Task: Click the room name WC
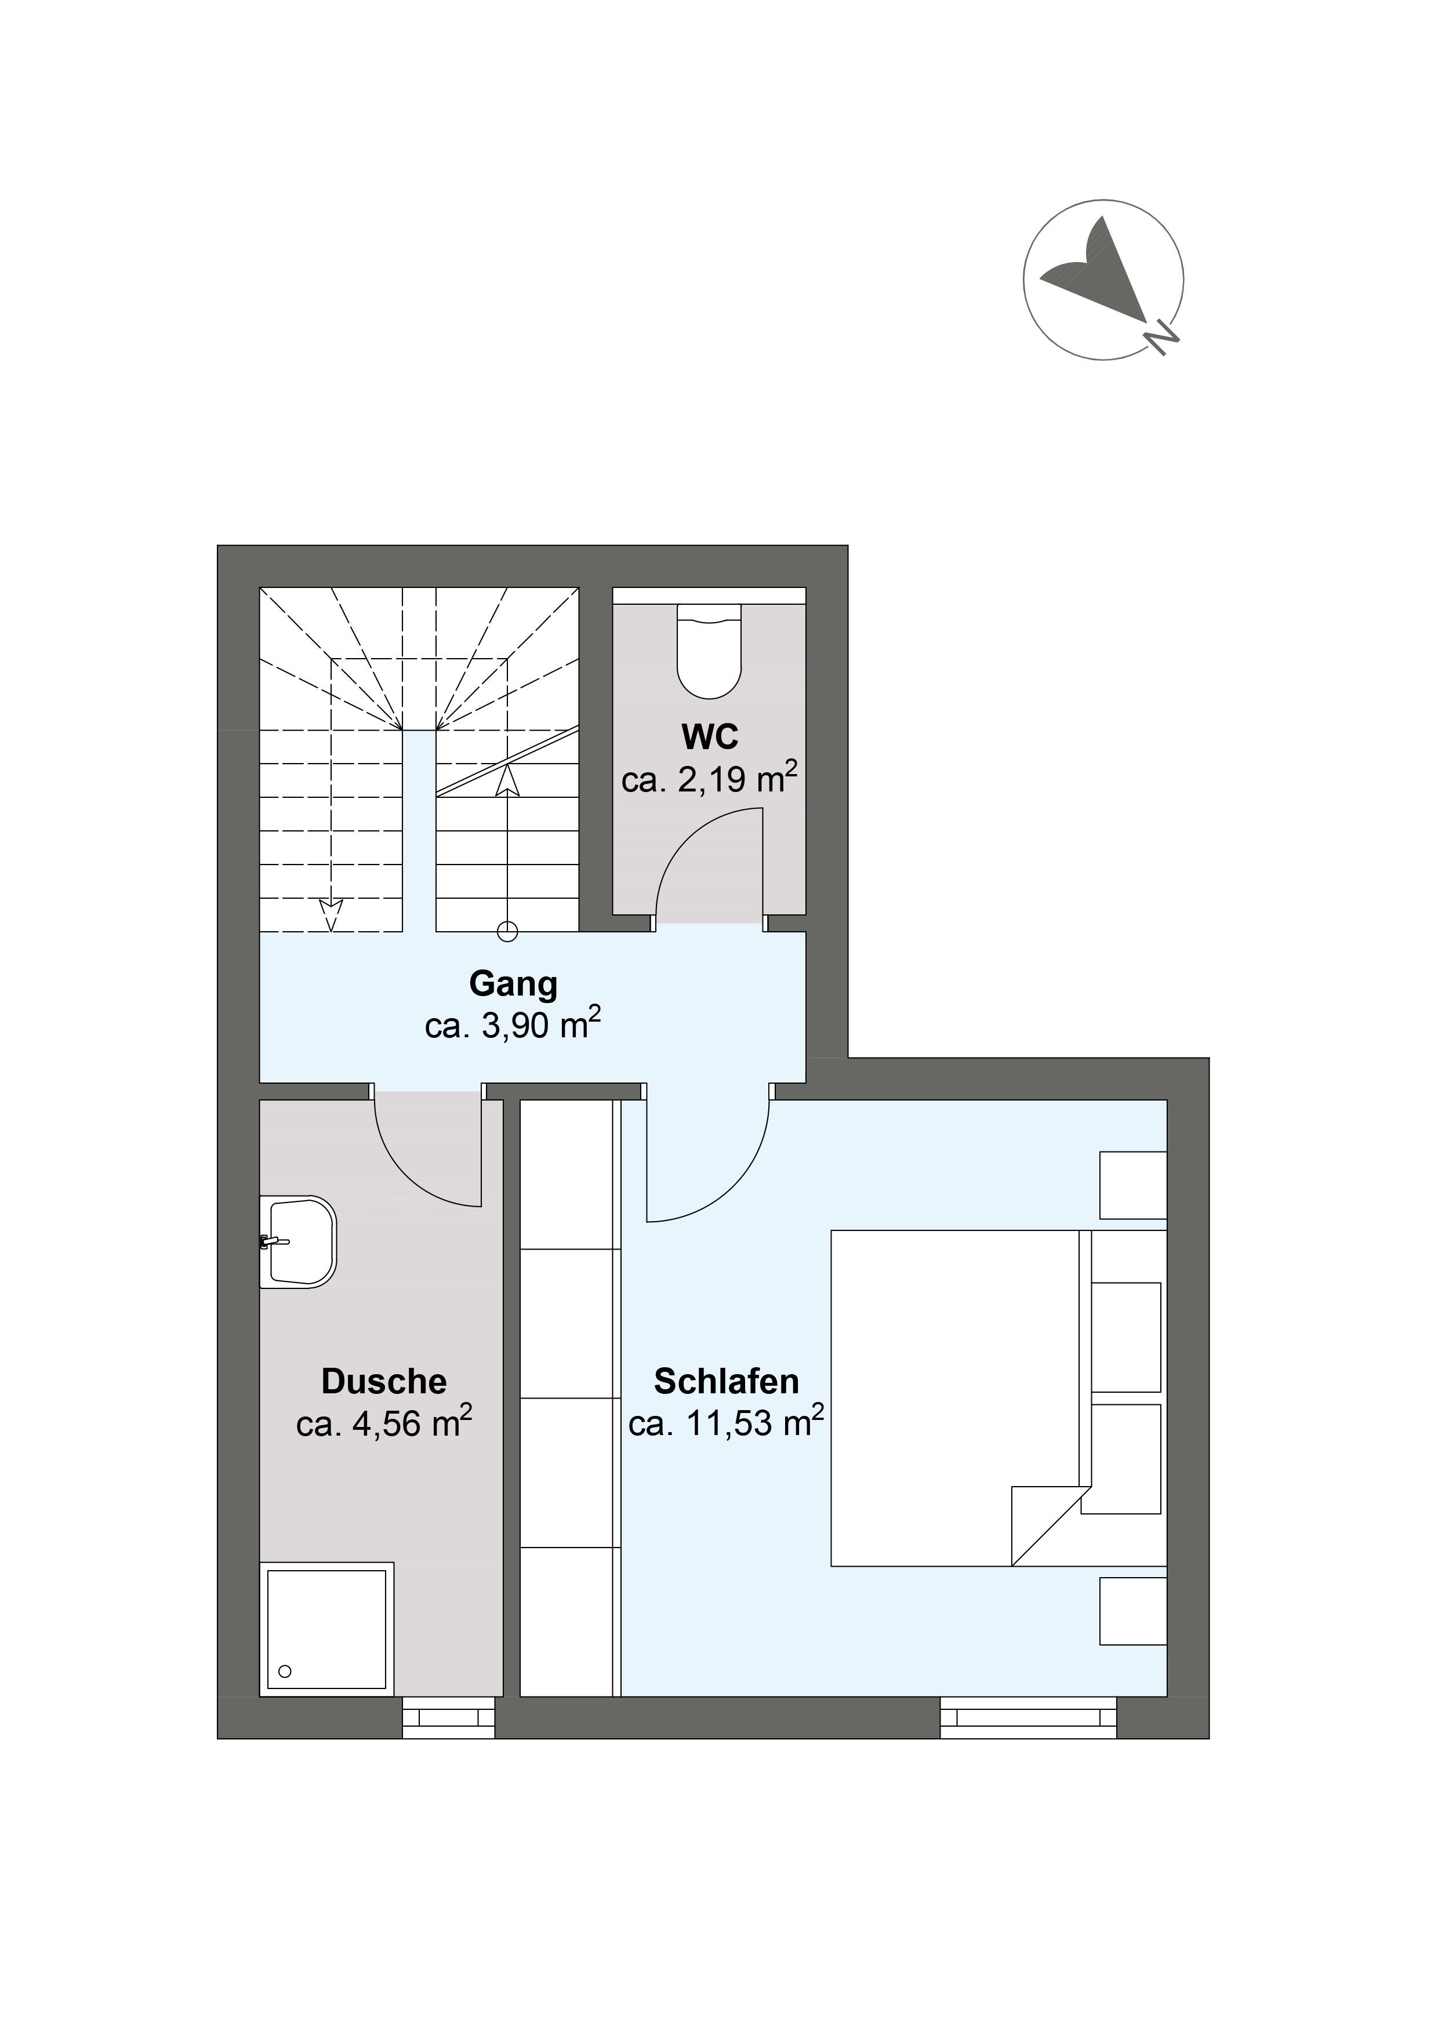point(710,736)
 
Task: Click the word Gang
point(513,984)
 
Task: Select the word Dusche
point(384,1382)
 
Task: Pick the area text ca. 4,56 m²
point(384,1423)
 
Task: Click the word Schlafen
point(727,1382)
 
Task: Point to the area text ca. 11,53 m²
point(727,1423)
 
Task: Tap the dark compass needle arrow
point(1099,268)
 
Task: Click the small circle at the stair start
point(508,931)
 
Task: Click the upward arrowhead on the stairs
point(508,780)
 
